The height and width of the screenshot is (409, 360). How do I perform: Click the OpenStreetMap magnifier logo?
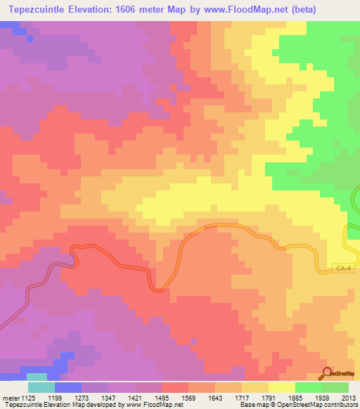click(327, 372)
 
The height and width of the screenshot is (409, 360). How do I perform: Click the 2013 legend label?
click(347, 398)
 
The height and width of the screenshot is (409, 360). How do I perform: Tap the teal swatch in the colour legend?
click(41, 387)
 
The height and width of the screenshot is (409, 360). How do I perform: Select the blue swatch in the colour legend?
click(67, 387)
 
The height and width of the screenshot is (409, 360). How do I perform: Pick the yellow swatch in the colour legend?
click(281, 387)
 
